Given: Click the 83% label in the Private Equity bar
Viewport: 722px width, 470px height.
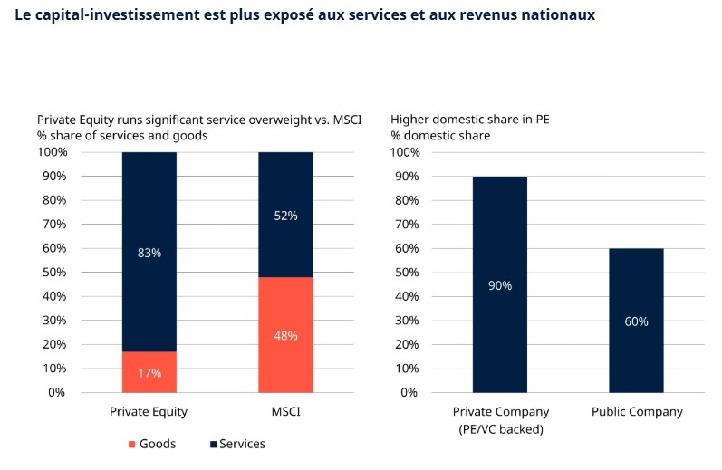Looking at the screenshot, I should pos(149,253).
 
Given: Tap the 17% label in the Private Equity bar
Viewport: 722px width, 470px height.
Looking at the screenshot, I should pos(149,372).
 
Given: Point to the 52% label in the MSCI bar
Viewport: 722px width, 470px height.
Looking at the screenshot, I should pos(285,216).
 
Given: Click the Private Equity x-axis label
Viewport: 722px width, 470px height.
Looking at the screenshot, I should pos(149,412).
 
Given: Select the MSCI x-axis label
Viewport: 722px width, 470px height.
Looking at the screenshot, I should pos(285,412).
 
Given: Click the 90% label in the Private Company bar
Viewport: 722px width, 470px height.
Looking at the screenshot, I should pos(500,285).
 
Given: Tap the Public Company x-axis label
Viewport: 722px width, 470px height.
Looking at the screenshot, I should pos(636,412).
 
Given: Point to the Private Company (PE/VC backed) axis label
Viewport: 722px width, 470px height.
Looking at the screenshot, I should pos(500,420).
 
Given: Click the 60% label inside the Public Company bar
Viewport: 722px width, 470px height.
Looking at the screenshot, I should pos(636,321).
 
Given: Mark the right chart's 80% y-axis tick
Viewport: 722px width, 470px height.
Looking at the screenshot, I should pos(404,200).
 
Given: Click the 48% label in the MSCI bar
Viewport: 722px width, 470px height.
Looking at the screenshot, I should pos(285,336).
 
